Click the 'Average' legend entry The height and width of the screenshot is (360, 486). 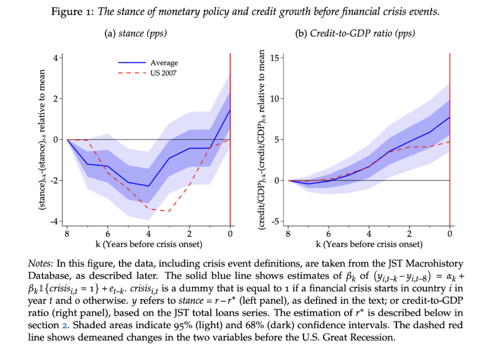(164, 63)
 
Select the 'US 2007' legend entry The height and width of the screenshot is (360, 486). (163, 73)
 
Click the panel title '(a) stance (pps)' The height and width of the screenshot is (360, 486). (135, 34)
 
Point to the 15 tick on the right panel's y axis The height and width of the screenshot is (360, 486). (277, 58)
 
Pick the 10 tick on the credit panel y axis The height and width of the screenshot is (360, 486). (277, 99)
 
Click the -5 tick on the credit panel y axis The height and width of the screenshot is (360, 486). (277, 222)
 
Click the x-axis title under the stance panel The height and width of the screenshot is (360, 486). (149, 245)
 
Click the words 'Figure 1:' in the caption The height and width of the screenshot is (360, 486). (72, 12)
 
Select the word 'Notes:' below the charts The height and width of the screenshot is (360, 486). (41, 263)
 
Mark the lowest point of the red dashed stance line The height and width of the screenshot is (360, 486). (169, 211)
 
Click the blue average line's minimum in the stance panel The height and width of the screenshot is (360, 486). (149, 186)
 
